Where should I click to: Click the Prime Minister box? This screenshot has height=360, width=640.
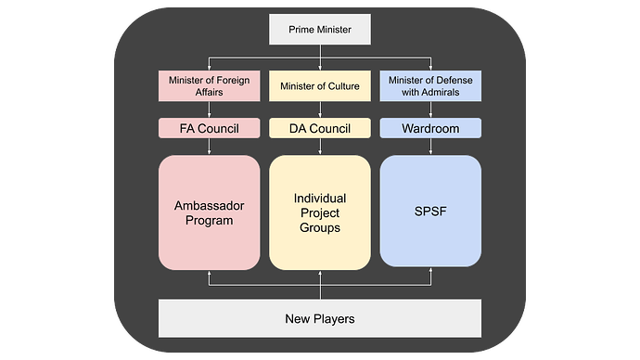[x=320, y=30]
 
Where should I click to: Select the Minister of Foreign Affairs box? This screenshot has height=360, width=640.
[x=209, y=86]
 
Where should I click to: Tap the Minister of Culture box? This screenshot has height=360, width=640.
[x=320, y=86]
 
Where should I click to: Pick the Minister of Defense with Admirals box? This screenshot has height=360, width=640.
[x=430, y=86]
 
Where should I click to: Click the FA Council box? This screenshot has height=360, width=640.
[x=209, y=128]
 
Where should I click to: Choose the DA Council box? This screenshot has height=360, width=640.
[x=320, y=128]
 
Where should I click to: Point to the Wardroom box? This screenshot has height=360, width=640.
[x=430, y=128]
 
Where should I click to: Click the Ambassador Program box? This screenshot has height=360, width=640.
[x=209, y=212]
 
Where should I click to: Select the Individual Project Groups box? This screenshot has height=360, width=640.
[x=320, y=212]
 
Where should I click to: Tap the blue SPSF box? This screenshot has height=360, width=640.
[x=430, y=212]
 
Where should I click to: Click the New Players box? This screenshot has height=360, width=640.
[x=320, y=319]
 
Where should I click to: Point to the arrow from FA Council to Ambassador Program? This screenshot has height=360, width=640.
[x=209, y=147]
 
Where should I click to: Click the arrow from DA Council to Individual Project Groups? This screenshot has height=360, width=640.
[x=320, y=147]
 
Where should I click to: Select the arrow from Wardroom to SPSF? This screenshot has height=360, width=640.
[x=430, y=147]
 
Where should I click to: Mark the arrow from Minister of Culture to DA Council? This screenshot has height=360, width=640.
[x=320, y=109]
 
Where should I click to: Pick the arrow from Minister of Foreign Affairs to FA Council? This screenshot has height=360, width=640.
[x=209, y=109]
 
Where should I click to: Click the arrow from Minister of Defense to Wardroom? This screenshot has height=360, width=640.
[x=430, y=109]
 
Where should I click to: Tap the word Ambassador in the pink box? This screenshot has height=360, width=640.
[x=209, y=204]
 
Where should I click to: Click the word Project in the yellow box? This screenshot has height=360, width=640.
[x=320, y=212]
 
